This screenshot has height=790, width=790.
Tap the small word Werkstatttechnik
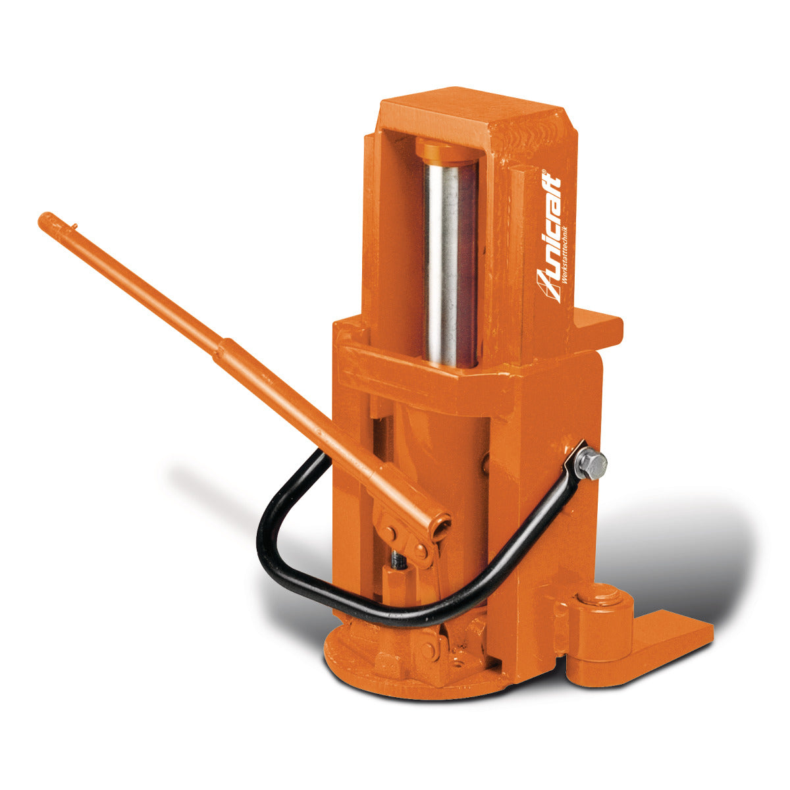pos(567,253)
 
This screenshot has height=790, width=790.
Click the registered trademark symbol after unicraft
pos(545,173)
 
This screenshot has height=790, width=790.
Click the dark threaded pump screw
pos(398,560)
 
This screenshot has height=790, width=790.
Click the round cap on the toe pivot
pos(600,596)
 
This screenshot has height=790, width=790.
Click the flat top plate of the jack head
pos(474,112)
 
